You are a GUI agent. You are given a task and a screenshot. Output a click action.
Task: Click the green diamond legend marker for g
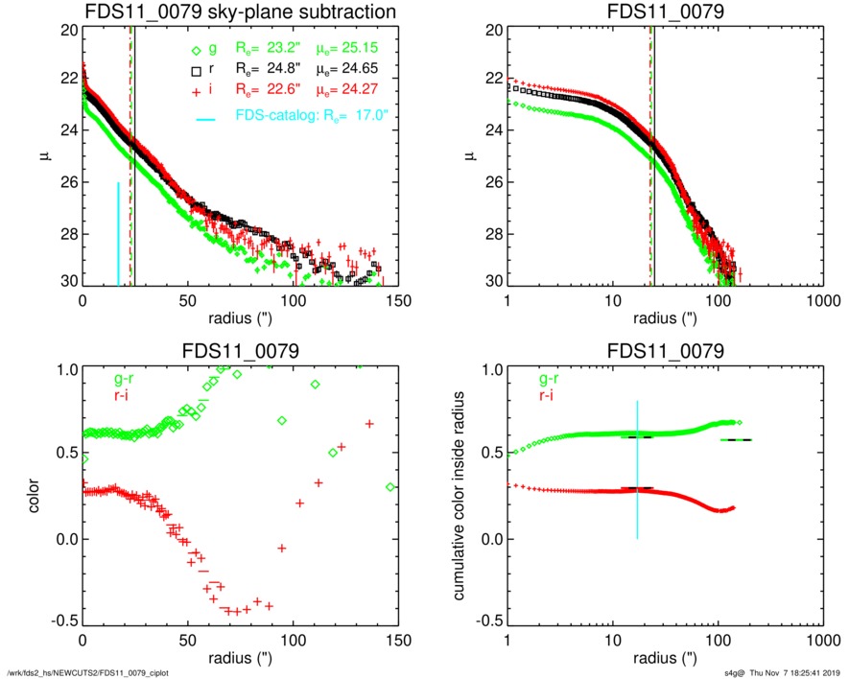[x=197, y=51]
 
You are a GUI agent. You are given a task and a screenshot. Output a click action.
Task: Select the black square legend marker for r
[x=197, y=72]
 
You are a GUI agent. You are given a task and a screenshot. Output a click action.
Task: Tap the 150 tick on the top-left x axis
[x=399, y=300]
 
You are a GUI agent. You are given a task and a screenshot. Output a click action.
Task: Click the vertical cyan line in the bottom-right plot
[x=637, y=469]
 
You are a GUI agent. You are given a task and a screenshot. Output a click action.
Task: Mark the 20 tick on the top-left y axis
[x=69, y=31]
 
